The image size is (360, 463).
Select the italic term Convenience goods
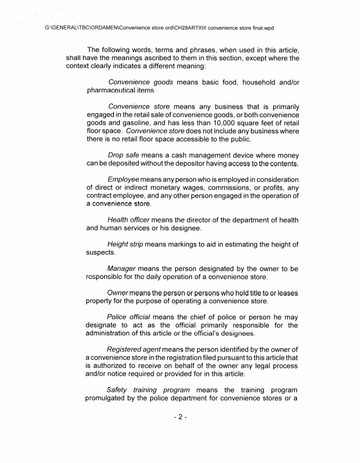(x=141, y=82)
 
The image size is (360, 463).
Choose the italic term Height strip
(x=125, y=244)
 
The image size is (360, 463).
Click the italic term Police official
(x=129, y=317)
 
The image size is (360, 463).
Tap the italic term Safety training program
(x=149, y=391)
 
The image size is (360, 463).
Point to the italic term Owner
(x=119, y=293)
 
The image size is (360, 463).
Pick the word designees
(x=234, y=334)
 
